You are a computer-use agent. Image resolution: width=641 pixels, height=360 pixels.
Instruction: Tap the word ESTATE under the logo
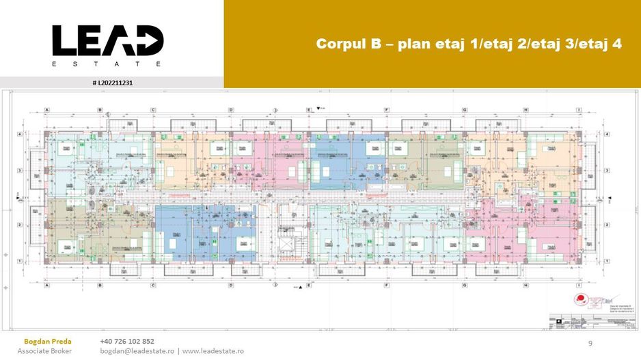(x=107, y=64)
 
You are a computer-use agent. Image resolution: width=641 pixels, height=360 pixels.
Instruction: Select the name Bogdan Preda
(x=46, y=341)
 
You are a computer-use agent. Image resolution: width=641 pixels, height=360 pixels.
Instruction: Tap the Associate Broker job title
(x=44, y=350)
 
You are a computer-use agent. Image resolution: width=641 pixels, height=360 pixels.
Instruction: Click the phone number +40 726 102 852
(x=127, y=341)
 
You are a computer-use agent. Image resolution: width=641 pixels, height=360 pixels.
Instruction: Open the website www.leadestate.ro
(x=213, y=350)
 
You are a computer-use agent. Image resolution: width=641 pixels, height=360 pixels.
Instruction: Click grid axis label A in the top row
(x=46, y=109)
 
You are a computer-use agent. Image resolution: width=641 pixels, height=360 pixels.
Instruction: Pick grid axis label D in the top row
(x=231, y=109)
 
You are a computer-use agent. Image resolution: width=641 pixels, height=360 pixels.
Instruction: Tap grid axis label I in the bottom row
(x=578, y=285)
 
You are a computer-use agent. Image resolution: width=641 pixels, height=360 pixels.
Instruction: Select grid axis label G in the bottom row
(x=465, y=285)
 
